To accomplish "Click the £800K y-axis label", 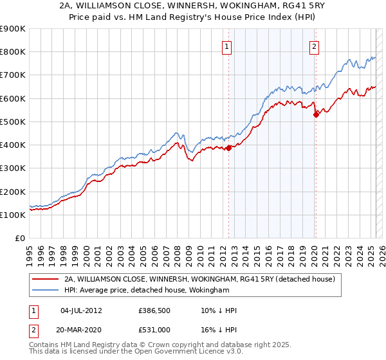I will tap(14, 52).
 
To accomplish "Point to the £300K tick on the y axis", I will tap(14, 168).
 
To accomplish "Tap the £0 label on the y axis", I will tap(19, 239).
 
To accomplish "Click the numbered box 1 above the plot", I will tap(228, 46).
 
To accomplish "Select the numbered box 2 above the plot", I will tap(314, 46).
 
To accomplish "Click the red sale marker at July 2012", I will tap(228, 148).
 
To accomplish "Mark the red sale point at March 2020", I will tap(316, 114).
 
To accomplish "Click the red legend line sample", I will tap(46, 280).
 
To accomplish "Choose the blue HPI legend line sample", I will tap(46, 291).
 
